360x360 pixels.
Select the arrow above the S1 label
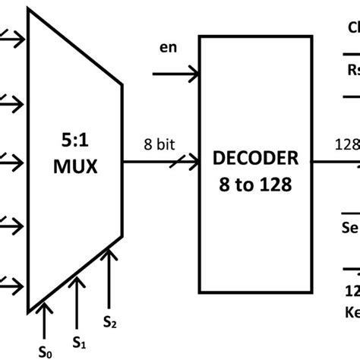[77, 292]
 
